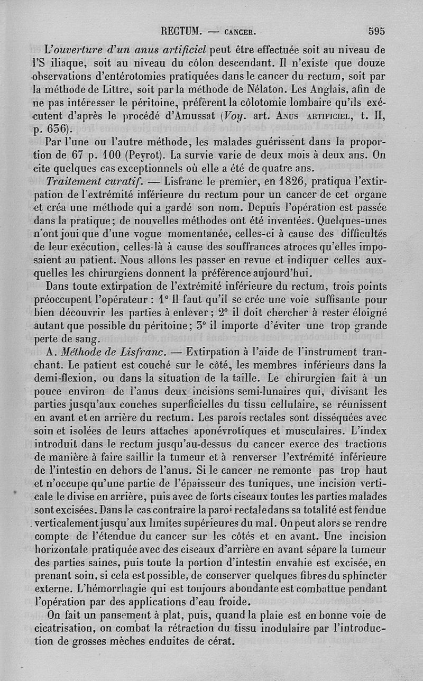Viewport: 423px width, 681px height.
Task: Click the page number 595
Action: [x=376, y=31]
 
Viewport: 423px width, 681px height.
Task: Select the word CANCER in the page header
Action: [x=241, y=32]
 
